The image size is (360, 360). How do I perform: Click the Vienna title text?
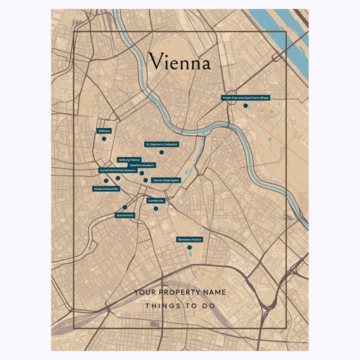click(179, 63)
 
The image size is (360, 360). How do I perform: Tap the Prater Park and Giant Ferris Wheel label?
click(245, 98)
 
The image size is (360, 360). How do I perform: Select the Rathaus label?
click(104, 131)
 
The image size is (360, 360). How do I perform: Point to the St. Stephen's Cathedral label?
click(162, 144)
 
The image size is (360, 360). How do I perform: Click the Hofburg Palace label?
click(129, 160)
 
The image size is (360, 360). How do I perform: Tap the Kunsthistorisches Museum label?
click(118, 170)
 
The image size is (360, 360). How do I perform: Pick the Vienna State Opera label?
click(166, 180)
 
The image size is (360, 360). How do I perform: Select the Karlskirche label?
click(156, 200)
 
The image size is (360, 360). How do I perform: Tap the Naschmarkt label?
click(124, 214)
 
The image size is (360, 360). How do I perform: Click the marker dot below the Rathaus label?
click(103, 139)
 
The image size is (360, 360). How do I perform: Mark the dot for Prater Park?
click(245, 105)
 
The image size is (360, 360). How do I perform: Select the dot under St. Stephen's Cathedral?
click(161, 152)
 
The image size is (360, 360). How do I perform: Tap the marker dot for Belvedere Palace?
click(189, 247)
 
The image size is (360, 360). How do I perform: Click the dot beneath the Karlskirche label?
click(156, 208)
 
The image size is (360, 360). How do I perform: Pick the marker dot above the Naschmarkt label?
click(125, 207)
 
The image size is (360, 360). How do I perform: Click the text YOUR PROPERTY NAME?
click(179, 291)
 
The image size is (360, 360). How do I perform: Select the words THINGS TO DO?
click(179, 306)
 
